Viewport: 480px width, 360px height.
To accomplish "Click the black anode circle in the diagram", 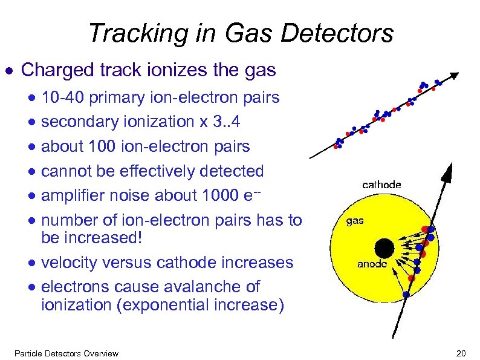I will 383,247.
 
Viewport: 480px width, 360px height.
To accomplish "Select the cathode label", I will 381,185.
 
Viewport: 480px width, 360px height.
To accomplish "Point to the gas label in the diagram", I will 355,220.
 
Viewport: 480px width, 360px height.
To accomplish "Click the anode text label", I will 372,264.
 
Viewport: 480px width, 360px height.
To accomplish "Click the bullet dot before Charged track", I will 9,71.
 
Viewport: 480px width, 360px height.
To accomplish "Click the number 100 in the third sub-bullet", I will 99,146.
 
